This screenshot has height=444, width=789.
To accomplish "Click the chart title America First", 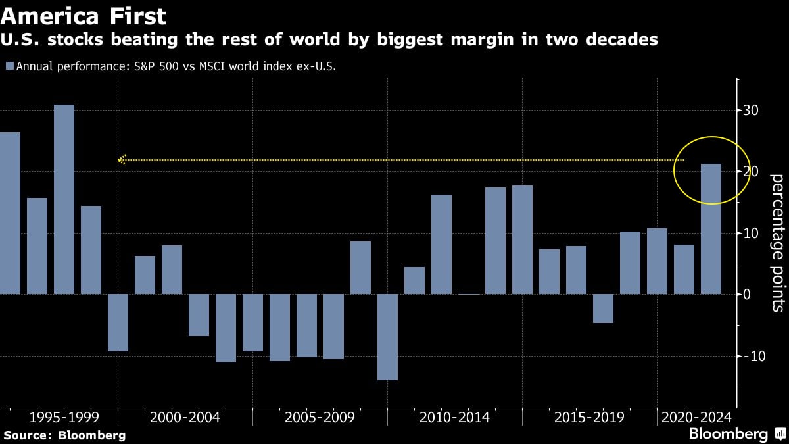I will tap(84, 15).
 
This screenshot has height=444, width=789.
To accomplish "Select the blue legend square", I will tap(9, 66).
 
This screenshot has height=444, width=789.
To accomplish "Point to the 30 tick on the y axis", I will tap(752, 111).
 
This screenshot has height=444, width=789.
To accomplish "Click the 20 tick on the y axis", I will tap(752, 172).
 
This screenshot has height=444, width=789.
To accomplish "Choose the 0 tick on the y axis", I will tap(747, 295).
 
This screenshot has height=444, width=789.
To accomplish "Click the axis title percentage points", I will tap(777, 242).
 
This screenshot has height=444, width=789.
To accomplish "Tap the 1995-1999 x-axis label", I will tap(64, 417).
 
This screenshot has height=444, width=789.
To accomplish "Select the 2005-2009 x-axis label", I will tap(319, 417).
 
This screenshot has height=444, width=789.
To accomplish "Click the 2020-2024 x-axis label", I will tap(696, 417).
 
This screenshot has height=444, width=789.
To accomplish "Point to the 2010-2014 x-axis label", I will tap(454, 417).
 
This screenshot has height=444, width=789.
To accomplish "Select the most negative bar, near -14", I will tap(387, 337).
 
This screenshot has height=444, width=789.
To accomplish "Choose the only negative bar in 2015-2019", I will tap(603, 308).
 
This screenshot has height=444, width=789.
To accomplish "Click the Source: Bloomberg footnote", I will tap(64, 435).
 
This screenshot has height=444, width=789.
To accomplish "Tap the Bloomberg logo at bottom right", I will tap(728, 434).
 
